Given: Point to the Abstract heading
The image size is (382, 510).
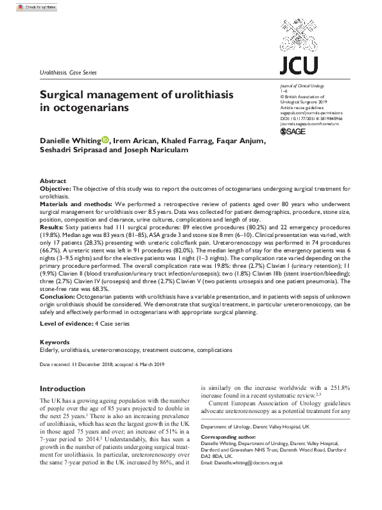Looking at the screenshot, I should click(53, 181).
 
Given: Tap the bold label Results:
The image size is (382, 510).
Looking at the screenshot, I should click(52, 226).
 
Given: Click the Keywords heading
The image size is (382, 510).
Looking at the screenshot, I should click(55, 342).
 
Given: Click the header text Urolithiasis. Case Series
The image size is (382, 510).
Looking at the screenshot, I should click(68, 73).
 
